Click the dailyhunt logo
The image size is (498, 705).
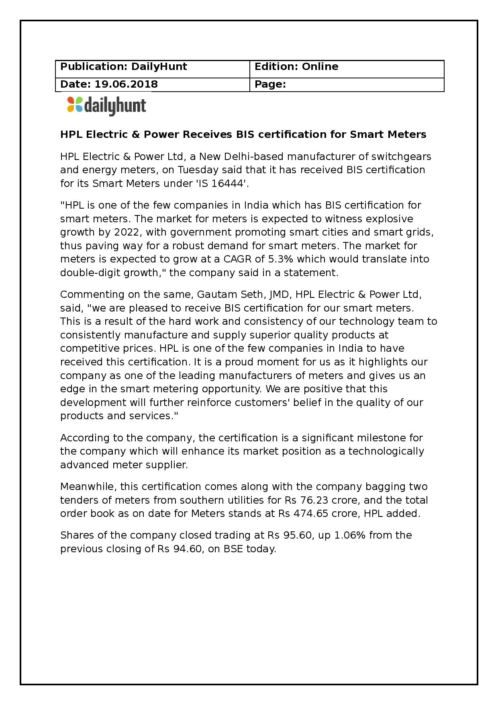(x=106, y=106)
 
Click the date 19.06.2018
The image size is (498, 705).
(x=126, y=84)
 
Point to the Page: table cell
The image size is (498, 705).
(x=347, y=84)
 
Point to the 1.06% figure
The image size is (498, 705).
(x=350, y=535)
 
